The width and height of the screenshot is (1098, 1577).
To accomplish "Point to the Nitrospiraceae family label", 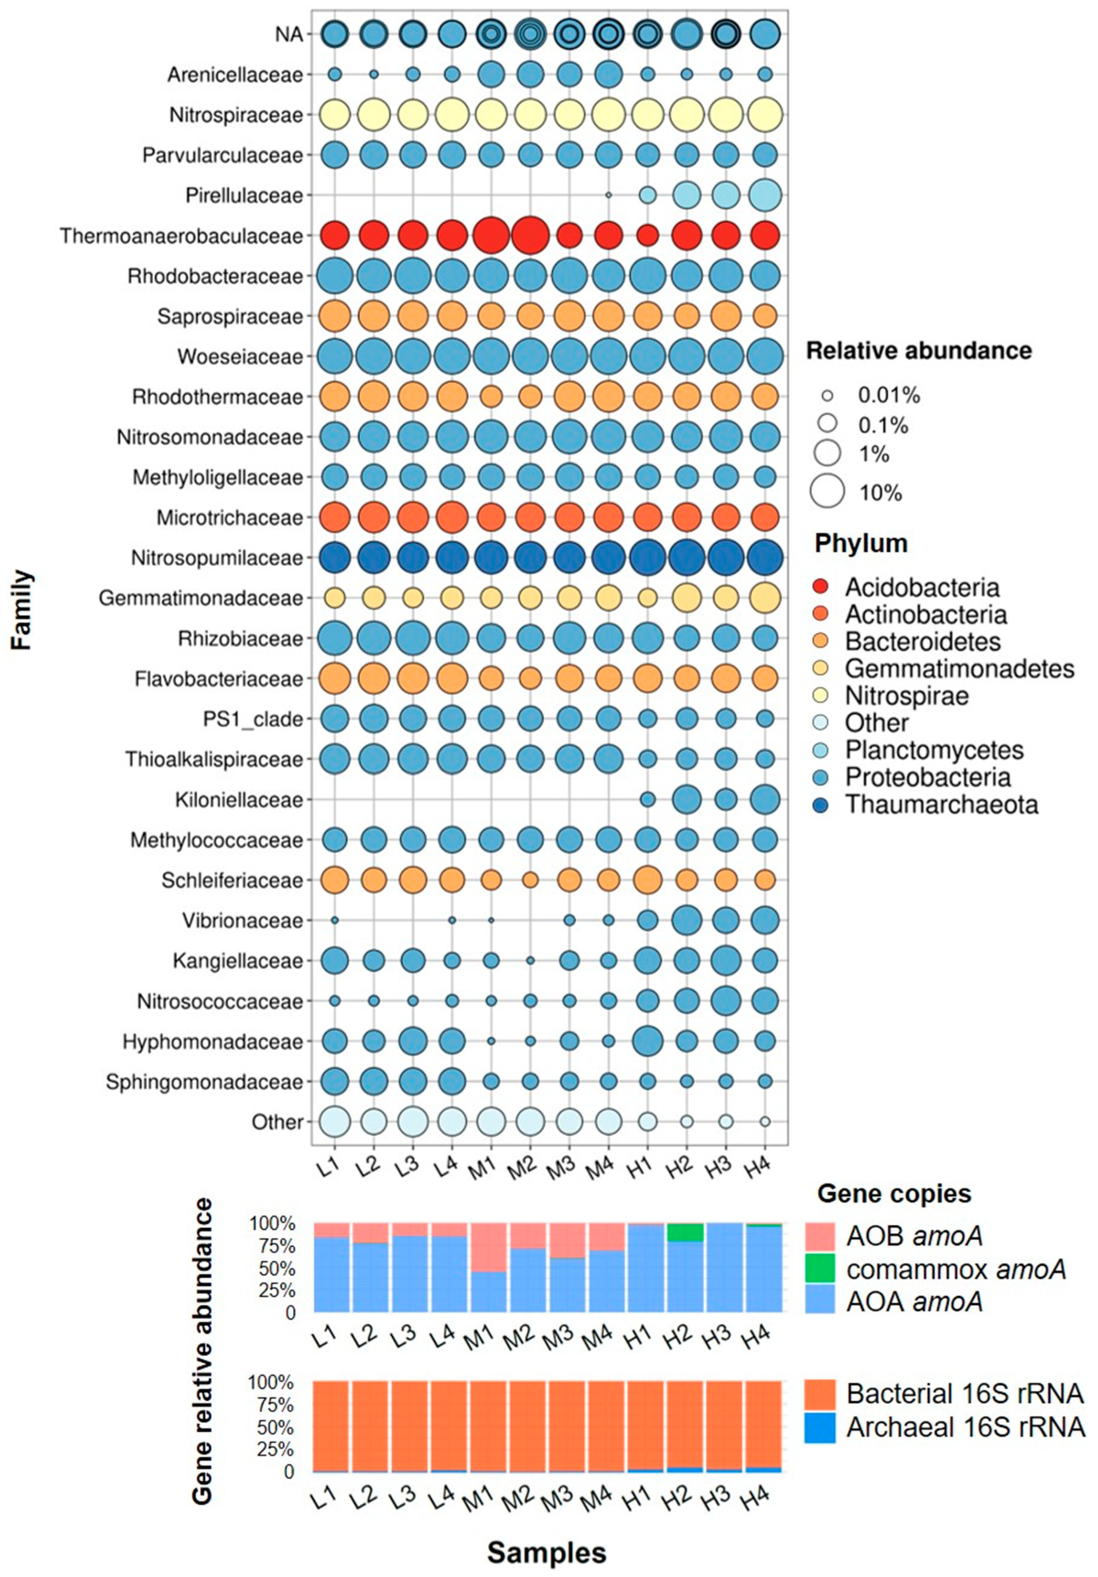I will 236,115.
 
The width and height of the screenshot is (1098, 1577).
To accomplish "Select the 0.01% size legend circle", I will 826,396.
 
